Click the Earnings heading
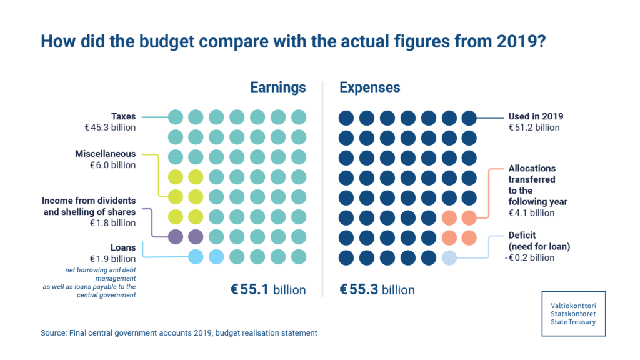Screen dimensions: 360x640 (x=278, y=87)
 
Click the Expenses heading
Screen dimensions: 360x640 (x=369, y=87)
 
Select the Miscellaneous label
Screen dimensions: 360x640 (x=106, y=153)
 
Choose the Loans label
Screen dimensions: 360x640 (x=123, y=247)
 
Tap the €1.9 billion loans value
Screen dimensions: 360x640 (x=112, y=259)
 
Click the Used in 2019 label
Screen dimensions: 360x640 (x=535, y=116)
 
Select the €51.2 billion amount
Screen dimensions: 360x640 (x=534, y=128)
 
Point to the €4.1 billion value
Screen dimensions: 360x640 (x=531, y=213)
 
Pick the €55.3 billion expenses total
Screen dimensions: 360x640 (x=377, y=290)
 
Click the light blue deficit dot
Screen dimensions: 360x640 (x=449, y=257)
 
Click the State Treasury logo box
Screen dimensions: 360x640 (x=573, y=313)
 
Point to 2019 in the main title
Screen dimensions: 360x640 (x=512, y=42)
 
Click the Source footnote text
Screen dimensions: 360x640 (x=179, y=333)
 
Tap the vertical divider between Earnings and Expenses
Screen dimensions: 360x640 (x=322, y=187)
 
